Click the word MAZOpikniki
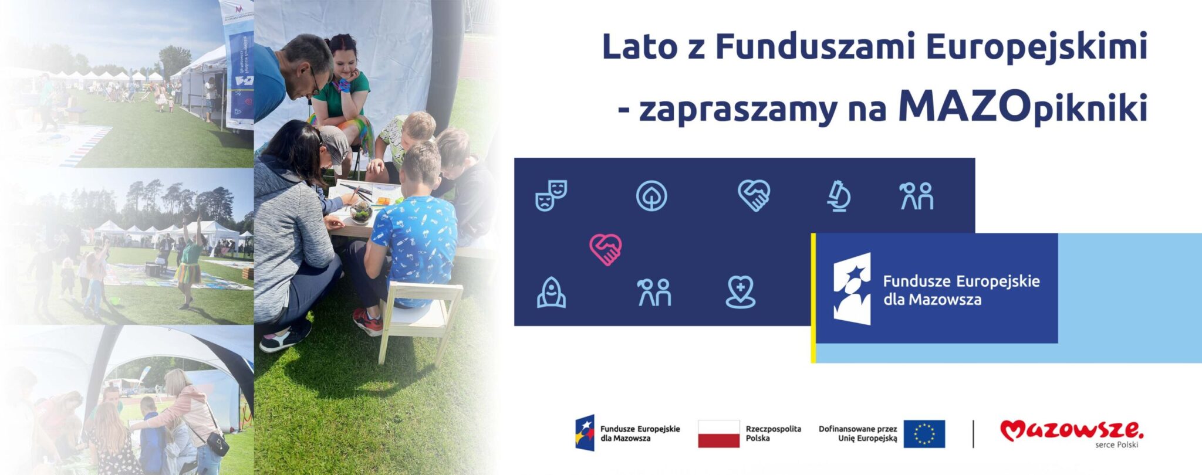[x=1022, y=107]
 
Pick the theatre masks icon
[x=551, y=195]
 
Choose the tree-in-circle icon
[x=651, y=196]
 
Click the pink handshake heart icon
[x=605, y=249]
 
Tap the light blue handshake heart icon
[x=754, y=195]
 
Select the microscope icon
[x=839, y=196]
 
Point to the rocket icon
[x=551, y=292]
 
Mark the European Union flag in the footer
[x=924, y=434]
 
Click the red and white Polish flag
[x=718, y=434]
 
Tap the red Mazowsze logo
[x=1071, y=432]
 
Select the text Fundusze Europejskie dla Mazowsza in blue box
[x=961, y=290]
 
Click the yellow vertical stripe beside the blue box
[x=813, y=297]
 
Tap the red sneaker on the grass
[x=367, y=322]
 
